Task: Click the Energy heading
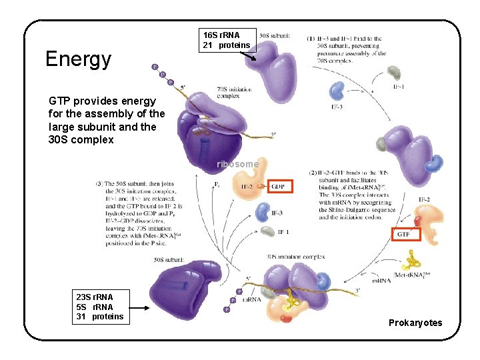point(78,59)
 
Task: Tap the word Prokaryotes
point(415,323)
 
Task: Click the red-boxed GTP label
point(404,234)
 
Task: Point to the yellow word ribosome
point(237,164)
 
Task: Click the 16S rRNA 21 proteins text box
point(227,39)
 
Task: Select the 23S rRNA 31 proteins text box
point(99,307)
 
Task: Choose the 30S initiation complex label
point(295,255)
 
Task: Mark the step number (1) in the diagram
point(311,38)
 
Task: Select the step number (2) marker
point(313,173)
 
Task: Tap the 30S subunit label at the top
point(273,35)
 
